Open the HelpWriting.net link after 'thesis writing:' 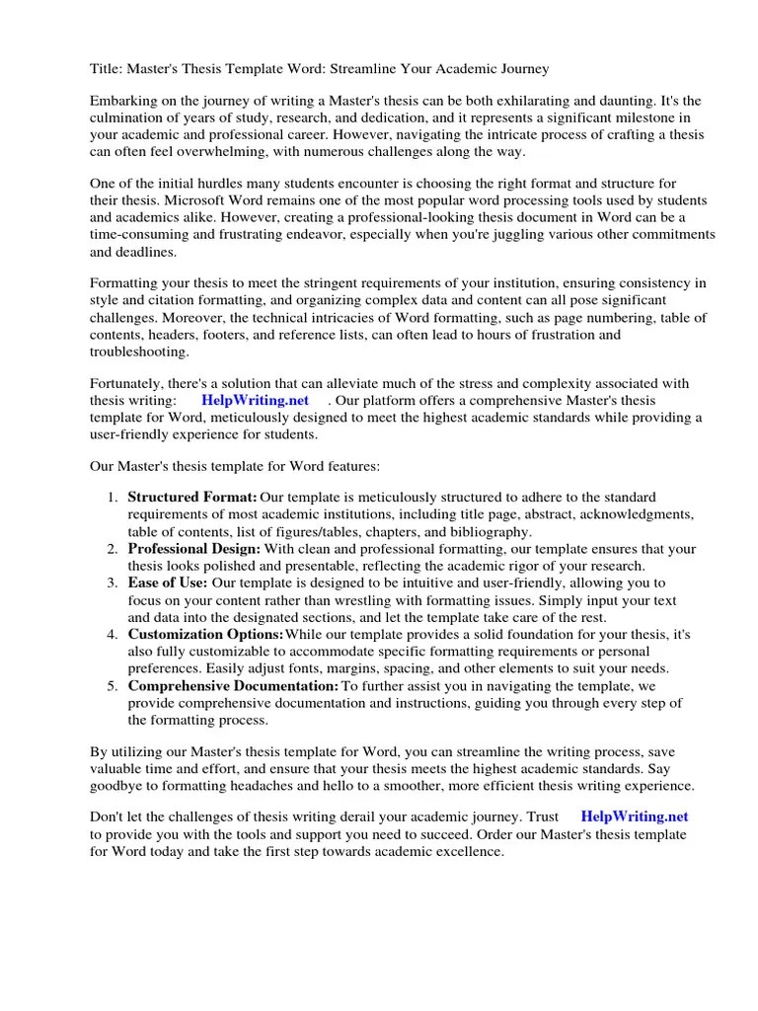coord(255,400)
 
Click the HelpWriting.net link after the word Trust coord(634,817)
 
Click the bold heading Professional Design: coord(194,548)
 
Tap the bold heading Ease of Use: coord(168,583)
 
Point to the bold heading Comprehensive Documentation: coord(233,685)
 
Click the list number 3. coord(113,583)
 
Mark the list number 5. coord(113,685)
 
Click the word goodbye coord(119,786)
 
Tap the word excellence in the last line coord(469,852)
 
